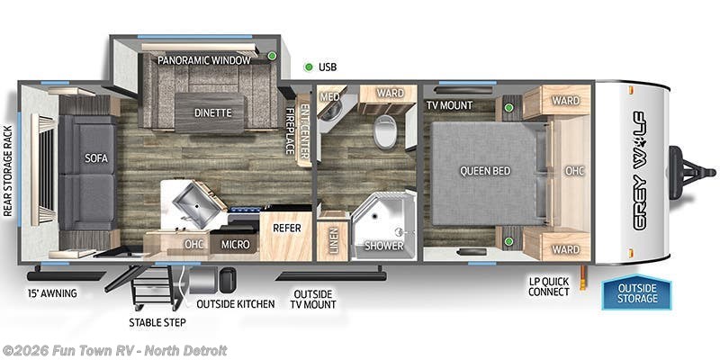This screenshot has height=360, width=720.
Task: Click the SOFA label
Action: [x=96, y=157]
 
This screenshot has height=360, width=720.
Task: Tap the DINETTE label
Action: [x=213, y=113]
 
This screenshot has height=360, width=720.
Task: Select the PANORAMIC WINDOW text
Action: [x=203, y=61]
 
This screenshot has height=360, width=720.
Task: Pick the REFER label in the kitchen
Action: [x=286, y=229]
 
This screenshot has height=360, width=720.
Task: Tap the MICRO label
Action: [x=235, y=244]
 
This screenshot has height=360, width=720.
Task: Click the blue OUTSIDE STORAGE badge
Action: [x=636, y=292]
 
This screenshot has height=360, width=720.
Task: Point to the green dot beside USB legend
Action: [x=309, y=67]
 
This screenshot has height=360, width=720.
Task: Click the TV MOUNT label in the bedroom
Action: [x=450, y=105]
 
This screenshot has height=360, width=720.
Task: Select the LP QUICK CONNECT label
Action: [x=549, y=285]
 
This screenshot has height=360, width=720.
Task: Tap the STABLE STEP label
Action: [x=157, y=321]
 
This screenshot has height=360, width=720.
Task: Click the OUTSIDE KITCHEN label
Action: [x=236, y=303]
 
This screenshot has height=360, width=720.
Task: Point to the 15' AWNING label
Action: [x=52, y=292]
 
